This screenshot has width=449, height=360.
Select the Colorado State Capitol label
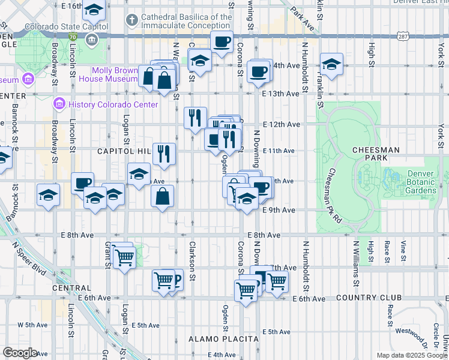[66, 27]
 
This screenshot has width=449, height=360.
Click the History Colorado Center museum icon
[59, 104]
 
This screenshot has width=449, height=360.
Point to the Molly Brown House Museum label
[115, 74]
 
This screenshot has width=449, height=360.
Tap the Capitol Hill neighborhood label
[123, 152]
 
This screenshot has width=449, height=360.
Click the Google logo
[20, 353]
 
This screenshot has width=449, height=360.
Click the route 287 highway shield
[402, 37]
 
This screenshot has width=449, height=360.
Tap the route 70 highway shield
[73, 37]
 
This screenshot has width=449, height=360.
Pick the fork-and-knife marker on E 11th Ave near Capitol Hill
[163, 154]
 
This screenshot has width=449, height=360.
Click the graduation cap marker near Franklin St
[331, 64]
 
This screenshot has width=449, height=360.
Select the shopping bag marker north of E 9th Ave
[163, 196]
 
